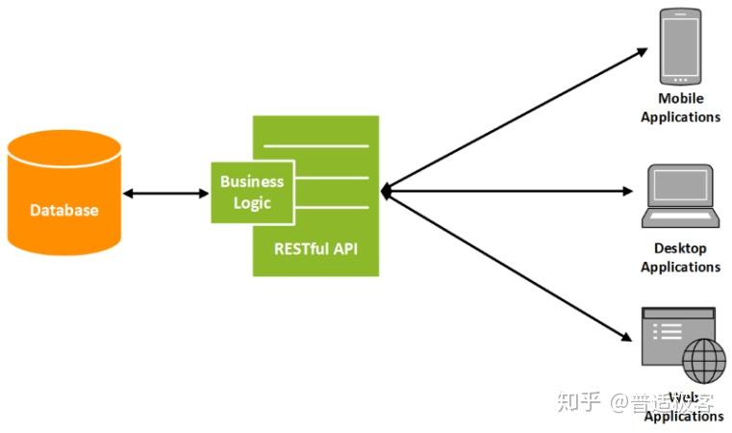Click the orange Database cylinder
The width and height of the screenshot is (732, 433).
click(63, 192)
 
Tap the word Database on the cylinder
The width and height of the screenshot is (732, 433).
click(63, 210)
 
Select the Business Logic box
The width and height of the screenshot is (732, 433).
click(252, 191)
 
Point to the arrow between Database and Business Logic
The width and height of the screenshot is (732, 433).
click(165, 193)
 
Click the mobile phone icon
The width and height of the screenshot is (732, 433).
click(679, 46)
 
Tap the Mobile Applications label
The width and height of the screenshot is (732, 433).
click(680, 107)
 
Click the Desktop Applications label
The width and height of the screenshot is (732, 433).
click(680, 257)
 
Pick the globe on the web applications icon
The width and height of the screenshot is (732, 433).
click(704, 361)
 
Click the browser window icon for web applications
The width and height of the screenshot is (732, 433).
click(673, 333)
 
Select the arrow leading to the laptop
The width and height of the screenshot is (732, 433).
click(510, 191)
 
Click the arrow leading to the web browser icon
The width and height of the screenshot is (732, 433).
click(510, 264)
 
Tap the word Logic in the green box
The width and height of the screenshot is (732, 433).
click(252, 203)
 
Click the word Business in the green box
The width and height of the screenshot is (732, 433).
click(252, 180)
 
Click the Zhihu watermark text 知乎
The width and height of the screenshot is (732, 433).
click(577, 400)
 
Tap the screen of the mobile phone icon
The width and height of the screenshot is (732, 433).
click(679, 45)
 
